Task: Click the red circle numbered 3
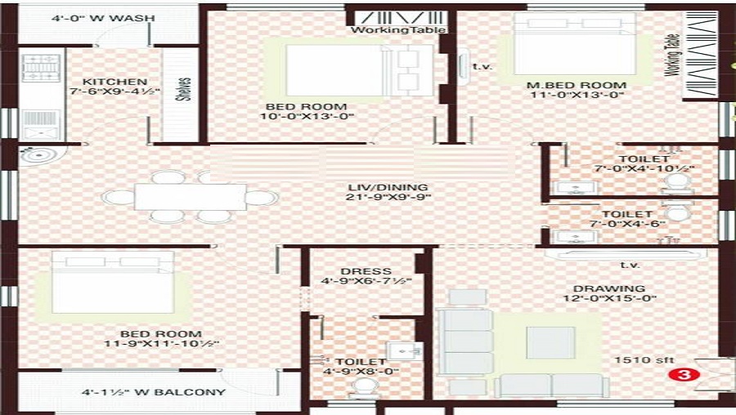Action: click(x=677, y=375)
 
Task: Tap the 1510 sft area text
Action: click(x=640, y=359)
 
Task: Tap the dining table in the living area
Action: click(x=190, y=197)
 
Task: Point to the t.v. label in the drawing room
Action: click(x=630, y=265)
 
